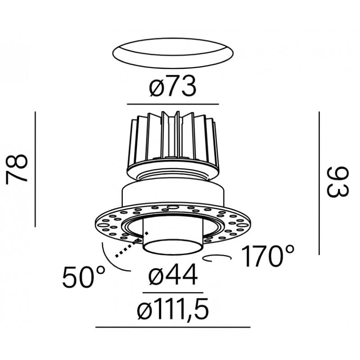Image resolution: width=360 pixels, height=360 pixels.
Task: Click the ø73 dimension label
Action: coord(173,86)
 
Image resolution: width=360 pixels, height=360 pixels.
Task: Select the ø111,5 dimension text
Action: coord(173,309)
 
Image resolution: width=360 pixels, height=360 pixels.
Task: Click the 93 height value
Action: coord(337,182)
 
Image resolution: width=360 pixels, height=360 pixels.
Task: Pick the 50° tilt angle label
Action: coord(84,277)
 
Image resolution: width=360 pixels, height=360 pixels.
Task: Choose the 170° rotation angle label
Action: coord(267,256)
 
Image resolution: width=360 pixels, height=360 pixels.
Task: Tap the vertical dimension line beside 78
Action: coord(36,169)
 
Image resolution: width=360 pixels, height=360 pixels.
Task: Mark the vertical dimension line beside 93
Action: coord(319,183)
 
